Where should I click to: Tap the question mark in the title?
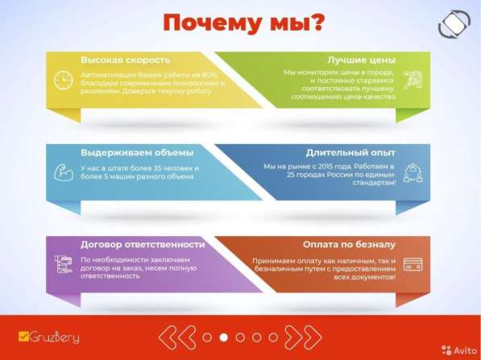click(318, 23)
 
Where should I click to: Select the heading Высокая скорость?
click(125, 60)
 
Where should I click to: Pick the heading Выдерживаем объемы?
click(137, 152)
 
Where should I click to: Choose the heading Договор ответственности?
click(143, 244)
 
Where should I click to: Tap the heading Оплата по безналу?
click(349, 244)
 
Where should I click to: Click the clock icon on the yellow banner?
click(63, 80)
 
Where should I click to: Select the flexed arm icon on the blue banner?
click(63, 171)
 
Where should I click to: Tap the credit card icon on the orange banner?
click(415, 264)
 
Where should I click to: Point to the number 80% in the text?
click(211, 74)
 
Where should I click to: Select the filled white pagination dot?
click(224, 337)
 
